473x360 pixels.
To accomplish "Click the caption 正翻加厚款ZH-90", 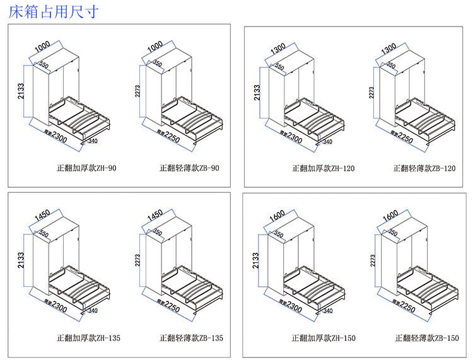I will (86, 168).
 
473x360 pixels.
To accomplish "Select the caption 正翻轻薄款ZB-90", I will (189, 168).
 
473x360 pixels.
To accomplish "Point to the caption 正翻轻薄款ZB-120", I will (424, 168).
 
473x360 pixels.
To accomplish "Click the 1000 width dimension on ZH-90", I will (42, 48).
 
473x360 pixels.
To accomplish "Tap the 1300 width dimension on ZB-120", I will (389, 48).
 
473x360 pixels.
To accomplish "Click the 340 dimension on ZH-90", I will (93, 141).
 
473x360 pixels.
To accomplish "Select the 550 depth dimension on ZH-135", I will (44, 234).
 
